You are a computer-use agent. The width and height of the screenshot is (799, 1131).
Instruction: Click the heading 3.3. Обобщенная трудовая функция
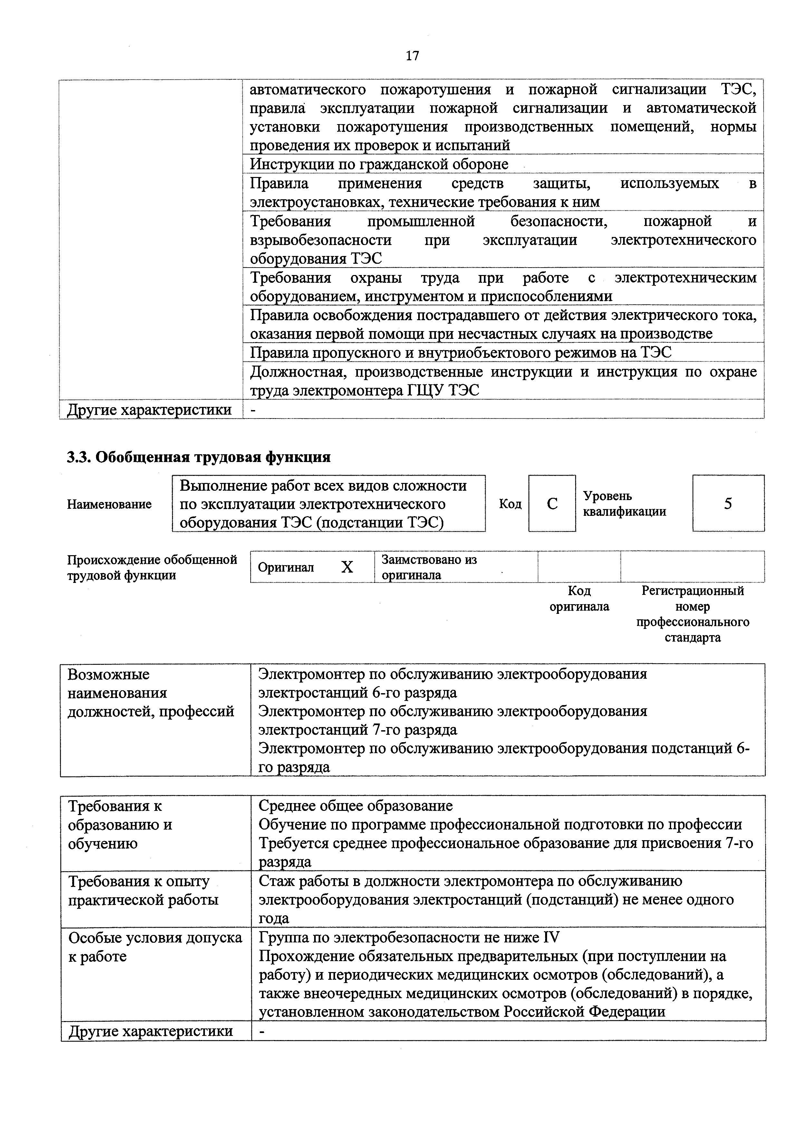click(198, 457)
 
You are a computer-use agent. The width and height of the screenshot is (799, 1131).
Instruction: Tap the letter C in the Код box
click(552, 503)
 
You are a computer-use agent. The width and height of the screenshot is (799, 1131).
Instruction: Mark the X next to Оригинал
click(347, 567)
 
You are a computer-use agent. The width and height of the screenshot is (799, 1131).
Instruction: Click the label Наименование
click(109, 504)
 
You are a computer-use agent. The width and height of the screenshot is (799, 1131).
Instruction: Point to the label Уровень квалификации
click(624, 503)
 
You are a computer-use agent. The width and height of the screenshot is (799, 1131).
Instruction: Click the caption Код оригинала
click(579, 598)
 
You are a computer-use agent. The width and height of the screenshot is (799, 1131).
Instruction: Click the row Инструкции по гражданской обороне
click(379, 164)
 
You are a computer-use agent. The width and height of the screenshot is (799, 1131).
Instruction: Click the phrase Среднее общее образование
click(355, 806)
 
